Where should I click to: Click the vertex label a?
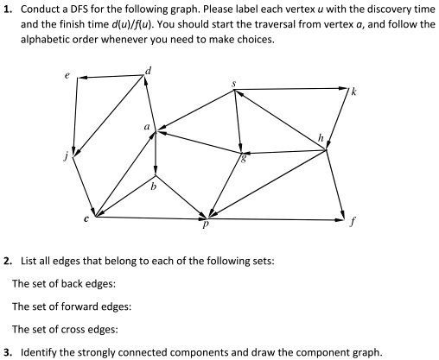click(x=148, y=127)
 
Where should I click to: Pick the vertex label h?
click(x=321, y=137)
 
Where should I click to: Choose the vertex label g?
click(x=245, y=157)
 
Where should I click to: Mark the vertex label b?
click(x=153, y=184)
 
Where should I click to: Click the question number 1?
click(x=8, y=9)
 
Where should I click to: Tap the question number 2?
click(x=8, y=260)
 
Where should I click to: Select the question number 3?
click(x=8, y=352)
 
